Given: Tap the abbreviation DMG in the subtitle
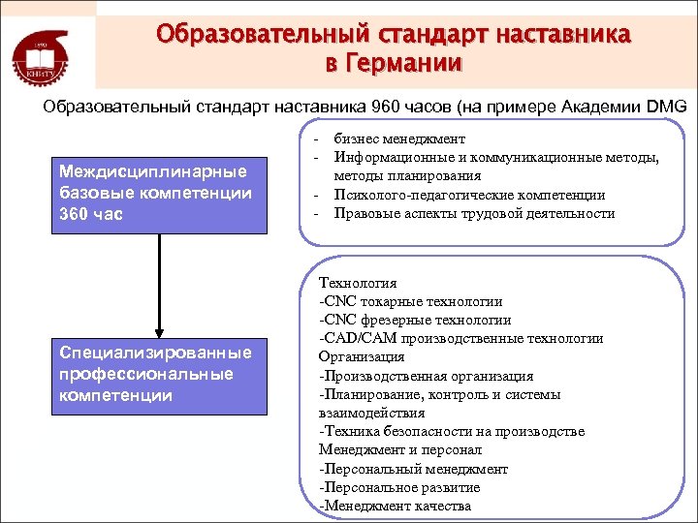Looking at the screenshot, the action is point(665,106).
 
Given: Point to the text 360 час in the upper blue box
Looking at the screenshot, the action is point(90,213).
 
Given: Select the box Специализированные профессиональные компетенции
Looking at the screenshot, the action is point(159,374).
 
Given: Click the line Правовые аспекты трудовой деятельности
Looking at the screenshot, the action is point(474,213).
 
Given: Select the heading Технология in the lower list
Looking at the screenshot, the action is point(358,283).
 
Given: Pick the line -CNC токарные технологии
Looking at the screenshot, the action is point(410,301).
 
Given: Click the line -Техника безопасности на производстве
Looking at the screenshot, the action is point(451,431).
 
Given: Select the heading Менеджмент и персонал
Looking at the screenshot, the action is point(400,449).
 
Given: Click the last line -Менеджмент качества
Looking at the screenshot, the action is point(395,506).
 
